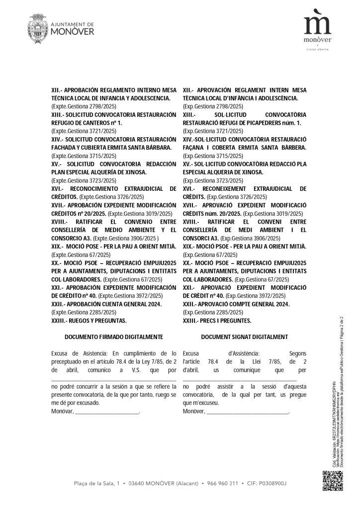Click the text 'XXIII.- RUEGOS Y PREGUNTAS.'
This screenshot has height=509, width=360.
89,320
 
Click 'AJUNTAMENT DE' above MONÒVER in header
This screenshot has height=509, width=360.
73,24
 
